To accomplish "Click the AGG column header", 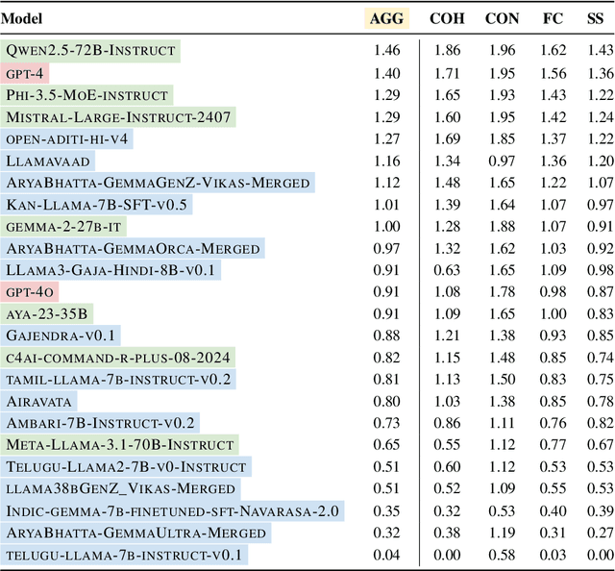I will (387, 18).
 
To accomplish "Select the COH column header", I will (444, 18).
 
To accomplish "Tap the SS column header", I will (597, 18).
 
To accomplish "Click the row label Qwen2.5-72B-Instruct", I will (91, 50).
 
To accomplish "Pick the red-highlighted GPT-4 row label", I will (26, 72).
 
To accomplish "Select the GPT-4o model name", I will (30, 291).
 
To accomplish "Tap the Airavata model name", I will (39, 401).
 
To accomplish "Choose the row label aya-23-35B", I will (47, 313).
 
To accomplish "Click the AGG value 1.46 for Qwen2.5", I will (387, 50).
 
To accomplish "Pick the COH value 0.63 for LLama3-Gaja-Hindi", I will (444, 270).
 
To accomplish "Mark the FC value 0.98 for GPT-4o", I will (552, 291).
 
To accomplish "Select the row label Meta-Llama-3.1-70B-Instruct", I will (120, 445).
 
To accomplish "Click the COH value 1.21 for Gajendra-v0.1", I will (444, 335).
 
